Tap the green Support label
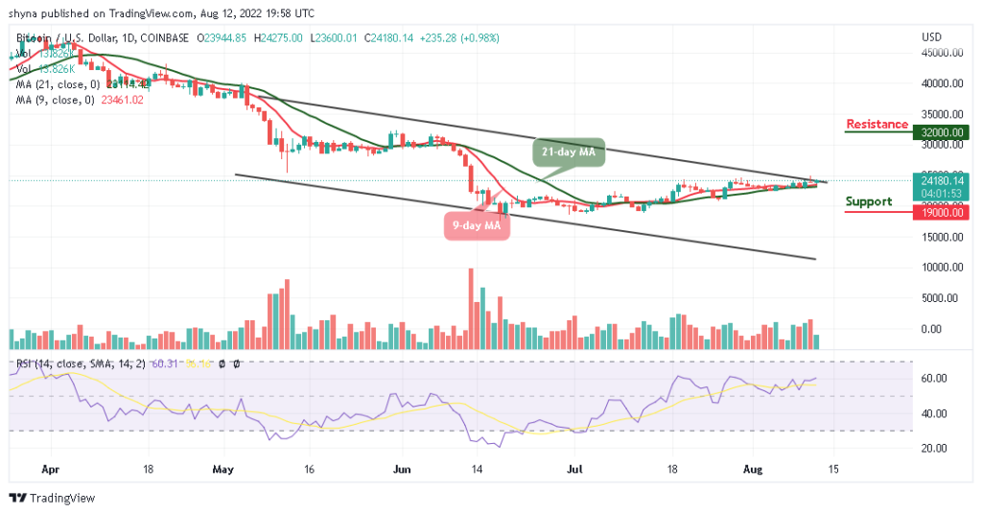(869, 201)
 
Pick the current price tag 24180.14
(943, 178)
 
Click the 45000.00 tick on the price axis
(942, 54)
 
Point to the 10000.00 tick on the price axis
(942, 267)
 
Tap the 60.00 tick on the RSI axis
(935, 378)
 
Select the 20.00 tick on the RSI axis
(935, 448)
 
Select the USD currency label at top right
(932, 36)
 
